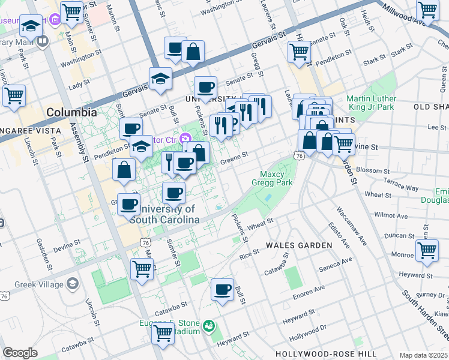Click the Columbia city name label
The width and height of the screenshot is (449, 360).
pos(71,112)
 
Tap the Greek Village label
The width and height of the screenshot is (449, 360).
pos(43,283)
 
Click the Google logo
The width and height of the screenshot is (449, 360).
pos(20,353)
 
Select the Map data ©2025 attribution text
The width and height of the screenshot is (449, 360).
pos(423,355)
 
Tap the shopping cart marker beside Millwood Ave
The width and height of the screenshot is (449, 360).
pos(427,10)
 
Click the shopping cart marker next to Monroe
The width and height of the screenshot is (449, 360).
pos(427,250)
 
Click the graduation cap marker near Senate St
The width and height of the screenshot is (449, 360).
pos(160,79)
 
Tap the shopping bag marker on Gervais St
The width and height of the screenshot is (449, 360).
pos(193,52)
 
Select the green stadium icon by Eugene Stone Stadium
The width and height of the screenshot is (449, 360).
pos(209,326)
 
